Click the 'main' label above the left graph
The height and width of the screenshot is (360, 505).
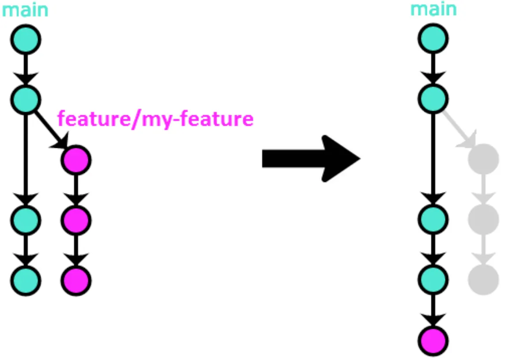tap(25, 10)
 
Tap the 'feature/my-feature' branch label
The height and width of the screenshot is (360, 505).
tap(155, 119)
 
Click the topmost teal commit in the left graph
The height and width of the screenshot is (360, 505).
tap(26, 39)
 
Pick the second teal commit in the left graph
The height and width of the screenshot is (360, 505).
tap(26, 99)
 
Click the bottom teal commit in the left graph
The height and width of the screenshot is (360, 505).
tap(26, 280)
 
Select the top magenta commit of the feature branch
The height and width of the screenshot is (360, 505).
tap(76, 160)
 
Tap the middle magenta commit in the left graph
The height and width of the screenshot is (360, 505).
tap(76, 219)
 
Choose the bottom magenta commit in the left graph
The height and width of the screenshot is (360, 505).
tap(76, 280)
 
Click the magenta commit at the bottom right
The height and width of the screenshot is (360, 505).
tap(433, 340)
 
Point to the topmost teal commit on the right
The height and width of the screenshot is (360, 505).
tap(433, 39)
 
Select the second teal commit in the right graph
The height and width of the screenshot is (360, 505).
tap(433, 99)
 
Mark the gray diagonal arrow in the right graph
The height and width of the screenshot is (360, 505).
tap(458, 128)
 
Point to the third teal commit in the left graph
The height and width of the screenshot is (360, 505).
tap(26, 219)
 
